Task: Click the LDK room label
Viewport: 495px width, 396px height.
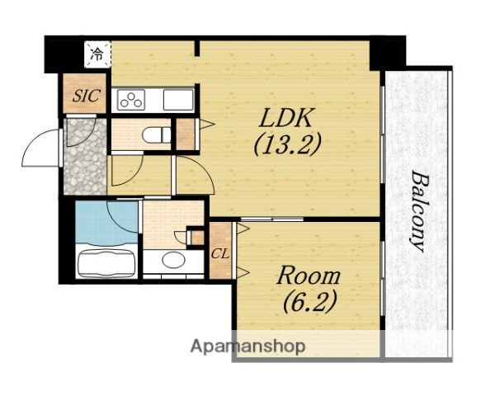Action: coord(287,117)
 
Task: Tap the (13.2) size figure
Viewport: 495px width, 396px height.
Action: coord(287,144)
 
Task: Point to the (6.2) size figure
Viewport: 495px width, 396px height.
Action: coord(309,302)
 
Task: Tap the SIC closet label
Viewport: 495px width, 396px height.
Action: coord(87,96)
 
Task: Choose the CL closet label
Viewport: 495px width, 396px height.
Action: coord(220,253)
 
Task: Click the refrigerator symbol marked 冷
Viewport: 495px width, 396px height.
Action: coord(97,54)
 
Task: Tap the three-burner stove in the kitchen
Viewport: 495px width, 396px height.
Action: coord(131,100)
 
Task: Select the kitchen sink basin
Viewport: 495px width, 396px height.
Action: coord(178,100)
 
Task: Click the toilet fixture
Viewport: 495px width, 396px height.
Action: coord(157,135)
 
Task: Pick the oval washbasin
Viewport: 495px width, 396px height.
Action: coord(173,260)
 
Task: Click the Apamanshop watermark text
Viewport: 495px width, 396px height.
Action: coord(247,346)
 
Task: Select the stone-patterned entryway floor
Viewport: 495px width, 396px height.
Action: coord(85,156)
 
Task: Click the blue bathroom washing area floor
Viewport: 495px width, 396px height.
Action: coord(106,222)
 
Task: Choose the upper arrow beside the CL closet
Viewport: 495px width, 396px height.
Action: coord(243,229)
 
